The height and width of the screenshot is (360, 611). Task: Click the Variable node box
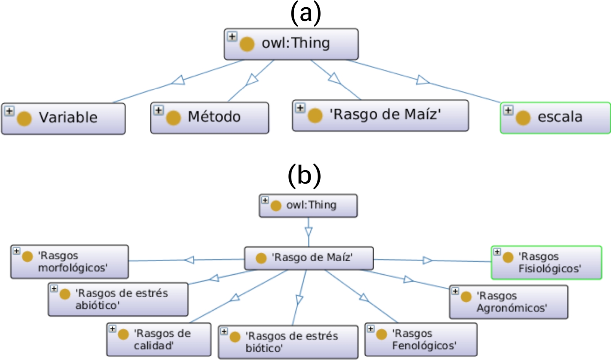[x=63, y=119]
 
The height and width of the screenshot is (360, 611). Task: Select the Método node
[x=210, y=118]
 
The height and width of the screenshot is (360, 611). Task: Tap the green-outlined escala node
[x=556, y=118]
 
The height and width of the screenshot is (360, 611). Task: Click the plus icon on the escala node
[x=508, y=111]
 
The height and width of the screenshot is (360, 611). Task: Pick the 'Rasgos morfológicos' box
[x=69, y=262]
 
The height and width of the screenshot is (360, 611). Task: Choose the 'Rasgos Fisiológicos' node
[x=546, y=262]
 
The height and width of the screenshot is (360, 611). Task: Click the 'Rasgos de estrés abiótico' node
[x=118, y=299]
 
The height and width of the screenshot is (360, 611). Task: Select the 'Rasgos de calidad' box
[x=158, y=339]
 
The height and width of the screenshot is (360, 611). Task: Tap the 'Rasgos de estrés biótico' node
[x=288, y=342]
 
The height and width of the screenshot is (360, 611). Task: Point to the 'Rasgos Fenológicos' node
[x=420, y=339]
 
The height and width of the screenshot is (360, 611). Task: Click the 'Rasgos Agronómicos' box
[x=508, y=302]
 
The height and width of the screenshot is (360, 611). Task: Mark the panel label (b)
[x=304, y=176]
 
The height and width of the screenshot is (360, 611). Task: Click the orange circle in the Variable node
[x=24, y=119]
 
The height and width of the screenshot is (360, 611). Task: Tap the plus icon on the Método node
[x=158, y=111]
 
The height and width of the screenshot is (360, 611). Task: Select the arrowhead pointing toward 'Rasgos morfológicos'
[x=189, y=260]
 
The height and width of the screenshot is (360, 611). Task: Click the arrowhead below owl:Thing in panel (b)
[x=308, y=232]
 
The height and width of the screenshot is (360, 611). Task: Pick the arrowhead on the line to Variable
[x=178, y=80]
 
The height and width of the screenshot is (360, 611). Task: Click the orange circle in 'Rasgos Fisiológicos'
[x=508, y=257]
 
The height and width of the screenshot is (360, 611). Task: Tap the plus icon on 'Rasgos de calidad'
[x=112, y=329]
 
